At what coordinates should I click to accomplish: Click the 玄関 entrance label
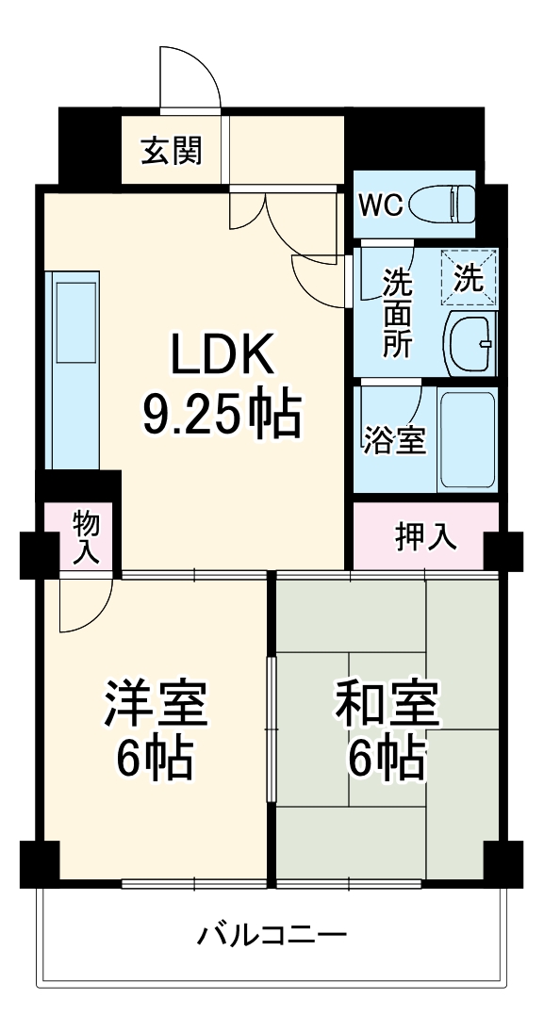[x=172, y=151]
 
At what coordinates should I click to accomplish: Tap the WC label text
[x=382, y=205]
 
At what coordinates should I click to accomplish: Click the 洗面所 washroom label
[x=396, y=313]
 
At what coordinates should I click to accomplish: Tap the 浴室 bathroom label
[x=395, y=439]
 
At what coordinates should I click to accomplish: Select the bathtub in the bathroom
[x=468, y=438]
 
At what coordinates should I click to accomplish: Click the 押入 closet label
[x=425, y=536]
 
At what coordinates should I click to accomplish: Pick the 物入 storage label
[x=86, y=537]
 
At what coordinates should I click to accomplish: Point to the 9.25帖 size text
[x=223, y=414]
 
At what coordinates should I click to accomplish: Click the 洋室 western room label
[x=155, y=704]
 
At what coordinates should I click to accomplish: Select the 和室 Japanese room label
[x=387, y=704]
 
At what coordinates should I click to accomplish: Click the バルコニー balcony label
[x=272, y=936]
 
